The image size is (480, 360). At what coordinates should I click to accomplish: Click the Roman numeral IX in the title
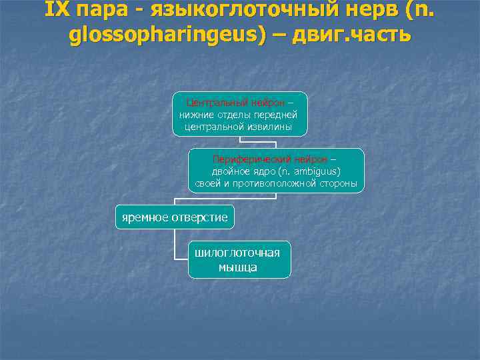tap(57, 10)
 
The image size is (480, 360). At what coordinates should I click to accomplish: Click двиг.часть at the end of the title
tap(354, 35)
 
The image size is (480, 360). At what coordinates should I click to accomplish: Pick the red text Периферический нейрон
tap(269, 159)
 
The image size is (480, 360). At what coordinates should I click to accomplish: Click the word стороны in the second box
tap(337, 183)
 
